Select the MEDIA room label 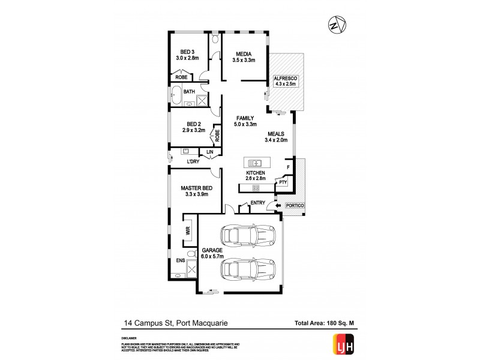coord(244,53)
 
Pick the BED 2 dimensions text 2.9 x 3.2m coord(194,130)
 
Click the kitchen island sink coord(256,163)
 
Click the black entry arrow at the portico coord(277,206)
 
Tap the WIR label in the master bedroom coord(187,230)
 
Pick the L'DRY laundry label coord(193,161)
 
